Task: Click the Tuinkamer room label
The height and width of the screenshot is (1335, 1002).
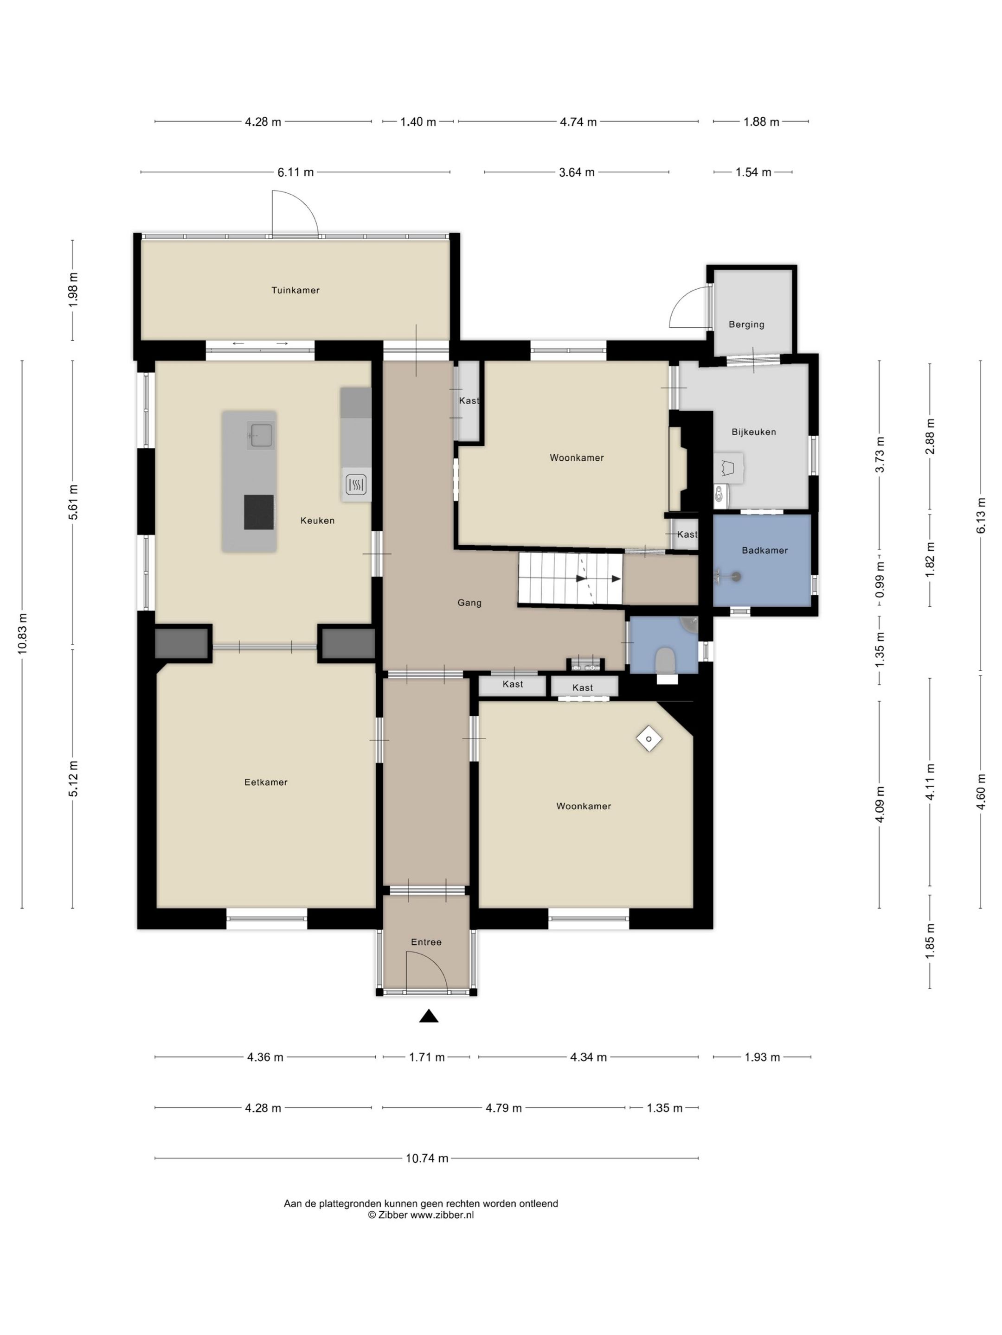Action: click(x=295, y=290)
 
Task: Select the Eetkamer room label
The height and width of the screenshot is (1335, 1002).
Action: click(x=266, y=782)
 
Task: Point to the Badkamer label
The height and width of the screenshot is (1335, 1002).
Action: click(x=764, y=550)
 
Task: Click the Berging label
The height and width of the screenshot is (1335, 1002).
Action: click(x=746, y=324)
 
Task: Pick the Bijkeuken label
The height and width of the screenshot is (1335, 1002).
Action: click(x=753, y=432)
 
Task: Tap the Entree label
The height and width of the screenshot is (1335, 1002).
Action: click(x=426, y=942)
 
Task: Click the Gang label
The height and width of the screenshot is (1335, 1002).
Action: click(x=469, y=602)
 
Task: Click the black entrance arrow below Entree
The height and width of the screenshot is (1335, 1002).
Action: click(x=429, y=1017)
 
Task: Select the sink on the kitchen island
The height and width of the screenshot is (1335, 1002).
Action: click(x=261, y=434)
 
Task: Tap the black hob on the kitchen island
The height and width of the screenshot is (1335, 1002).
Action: click(x=258, y=512)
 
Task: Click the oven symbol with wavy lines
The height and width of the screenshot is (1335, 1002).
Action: click(x=356, y=484)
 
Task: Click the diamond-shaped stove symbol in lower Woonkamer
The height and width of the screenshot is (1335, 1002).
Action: click(x=649, y=739)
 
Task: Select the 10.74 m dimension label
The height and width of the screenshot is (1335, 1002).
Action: click(x=426, y=1158)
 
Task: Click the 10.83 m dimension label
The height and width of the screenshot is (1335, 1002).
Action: click(x=22, y=634)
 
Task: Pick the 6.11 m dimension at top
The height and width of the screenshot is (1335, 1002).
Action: click(x=295, y=172)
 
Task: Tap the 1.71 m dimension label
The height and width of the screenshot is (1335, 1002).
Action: click(x=426, y=1057)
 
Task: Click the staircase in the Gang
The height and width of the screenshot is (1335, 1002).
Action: click(x=570, y=579)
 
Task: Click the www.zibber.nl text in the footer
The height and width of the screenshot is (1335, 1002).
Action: click(x=442, y=1215)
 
